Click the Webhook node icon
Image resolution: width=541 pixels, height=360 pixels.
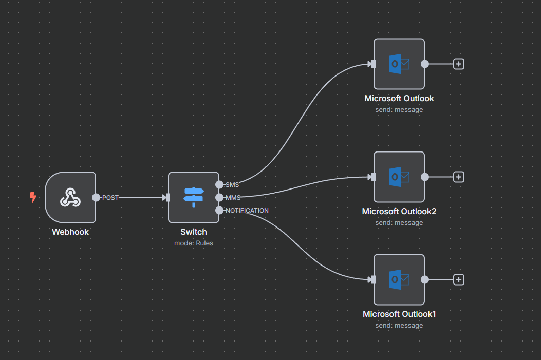click(70, 197)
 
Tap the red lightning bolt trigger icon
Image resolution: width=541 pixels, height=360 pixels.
click(33, 197)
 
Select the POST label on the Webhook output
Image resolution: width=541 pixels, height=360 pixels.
click(110, 197)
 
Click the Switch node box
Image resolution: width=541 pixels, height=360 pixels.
click(194, 197)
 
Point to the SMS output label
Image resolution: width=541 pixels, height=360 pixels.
click(232, 185)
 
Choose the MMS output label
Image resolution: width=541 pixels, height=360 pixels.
click(233, 197)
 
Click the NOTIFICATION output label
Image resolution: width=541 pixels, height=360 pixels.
click(247, 210)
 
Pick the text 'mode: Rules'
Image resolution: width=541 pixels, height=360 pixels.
click(194, 243)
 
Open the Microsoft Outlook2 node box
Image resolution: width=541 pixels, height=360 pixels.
click(399, 177)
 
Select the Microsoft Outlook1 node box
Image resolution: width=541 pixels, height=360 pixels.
click(399, 279)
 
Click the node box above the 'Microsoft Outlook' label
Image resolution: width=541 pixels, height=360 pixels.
click(399, 64)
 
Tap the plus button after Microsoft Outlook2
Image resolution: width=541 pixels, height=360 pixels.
click(459, 177)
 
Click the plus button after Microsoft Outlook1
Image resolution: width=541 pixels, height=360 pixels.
click(459, 279)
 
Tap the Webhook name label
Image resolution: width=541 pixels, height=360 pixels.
click(70, 232)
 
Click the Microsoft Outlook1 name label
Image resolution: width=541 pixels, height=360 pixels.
click(399, 314)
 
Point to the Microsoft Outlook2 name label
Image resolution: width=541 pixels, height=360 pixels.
click(399, 211)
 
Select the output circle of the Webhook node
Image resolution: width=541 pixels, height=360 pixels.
click(96, 197)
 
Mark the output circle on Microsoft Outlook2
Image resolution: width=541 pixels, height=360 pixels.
click(425, 177)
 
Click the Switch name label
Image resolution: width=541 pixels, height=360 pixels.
click(194, 232)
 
